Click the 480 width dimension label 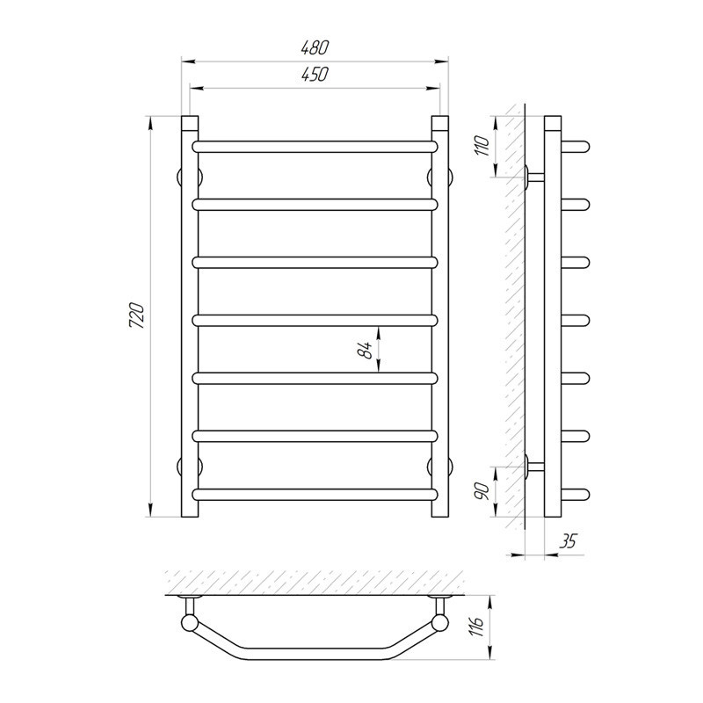pos(315,47)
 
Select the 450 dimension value pos(315,75)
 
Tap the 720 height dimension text pos(137,316)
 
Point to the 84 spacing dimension pos(366,350)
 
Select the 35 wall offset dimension pos(567,541)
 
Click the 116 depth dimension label pos(476,627)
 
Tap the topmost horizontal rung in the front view pos(315,147)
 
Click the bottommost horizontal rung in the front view pos(315,495)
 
